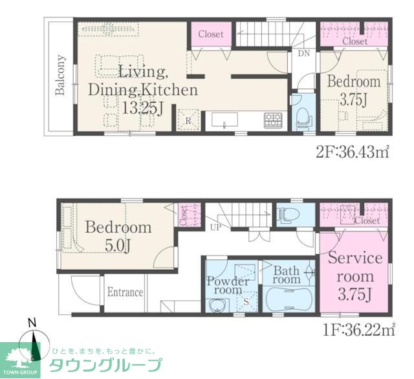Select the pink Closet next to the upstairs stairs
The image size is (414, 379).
[211, 34]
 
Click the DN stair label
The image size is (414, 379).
[303, 54]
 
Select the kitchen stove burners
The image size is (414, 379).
[272, 120]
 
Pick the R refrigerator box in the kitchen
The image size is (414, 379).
[187, 120]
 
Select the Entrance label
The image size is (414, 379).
[125, 292]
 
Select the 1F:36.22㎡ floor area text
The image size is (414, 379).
[360, 330]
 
